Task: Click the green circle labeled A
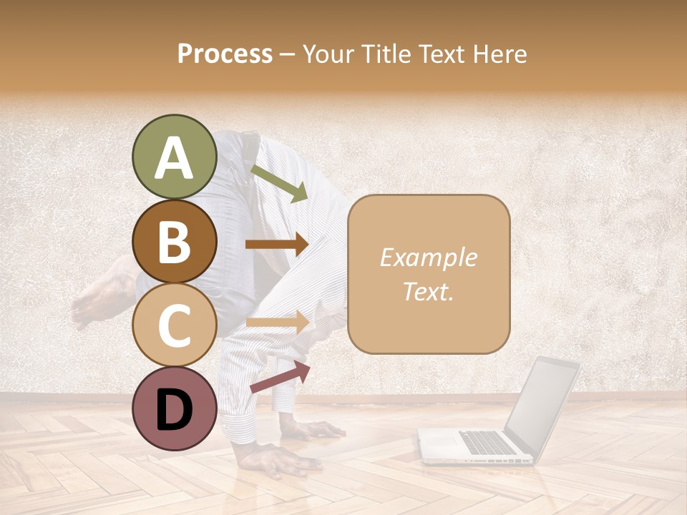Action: [175, 157]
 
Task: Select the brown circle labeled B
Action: [175, 241]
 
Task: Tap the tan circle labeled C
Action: [175, 325]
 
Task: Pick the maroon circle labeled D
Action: [175, 408]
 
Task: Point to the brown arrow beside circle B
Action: [276, 244]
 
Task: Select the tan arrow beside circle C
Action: [276, 322]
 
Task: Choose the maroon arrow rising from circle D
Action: [280, 377]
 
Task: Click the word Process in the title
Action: [225, 54]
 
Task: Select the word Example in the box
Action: [428, 257]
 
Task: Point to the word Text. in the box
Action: [428, 291]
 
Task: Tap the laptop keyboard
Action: [487, 441]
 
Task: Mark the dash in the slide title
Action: [287, 54]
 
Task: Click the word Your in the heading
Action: [329, 54]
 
